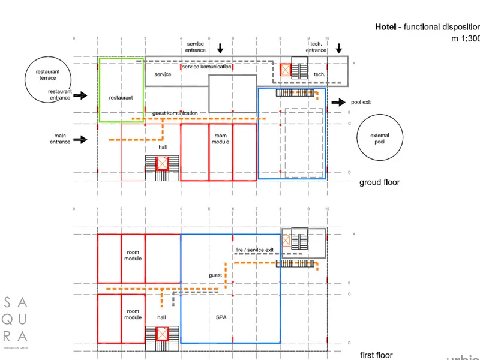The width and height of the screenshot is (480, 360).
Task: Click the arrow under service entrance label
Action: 220,48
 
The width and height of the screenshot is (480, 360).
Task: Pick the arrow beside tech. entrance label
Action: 339,48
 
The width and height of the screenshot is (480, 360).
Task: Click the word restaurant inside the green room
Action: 121,97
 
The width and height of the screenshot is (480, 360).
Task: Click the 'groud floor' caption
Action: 379,182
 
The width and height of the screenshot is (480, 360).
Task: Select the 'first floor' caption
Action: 376,355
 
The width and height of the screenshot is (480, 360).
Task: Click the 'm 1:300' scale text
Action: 466,38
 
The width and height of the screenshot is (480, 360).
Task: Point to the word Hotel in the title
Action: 386,27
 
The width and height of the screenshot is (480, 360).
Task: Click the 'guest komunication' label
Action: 175,113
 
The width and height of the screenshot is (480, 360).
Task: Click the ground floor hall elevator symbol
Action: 162,163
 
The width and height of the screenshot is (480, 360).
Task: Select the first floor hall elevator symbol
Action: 162,334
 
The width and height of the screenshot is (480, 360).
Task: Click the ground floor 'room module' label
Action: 220,139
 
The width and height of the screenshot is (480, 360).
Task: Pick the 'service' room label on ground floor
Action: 163,74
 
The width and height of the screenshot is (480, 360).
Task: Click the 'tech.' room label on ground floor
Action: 319,74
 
